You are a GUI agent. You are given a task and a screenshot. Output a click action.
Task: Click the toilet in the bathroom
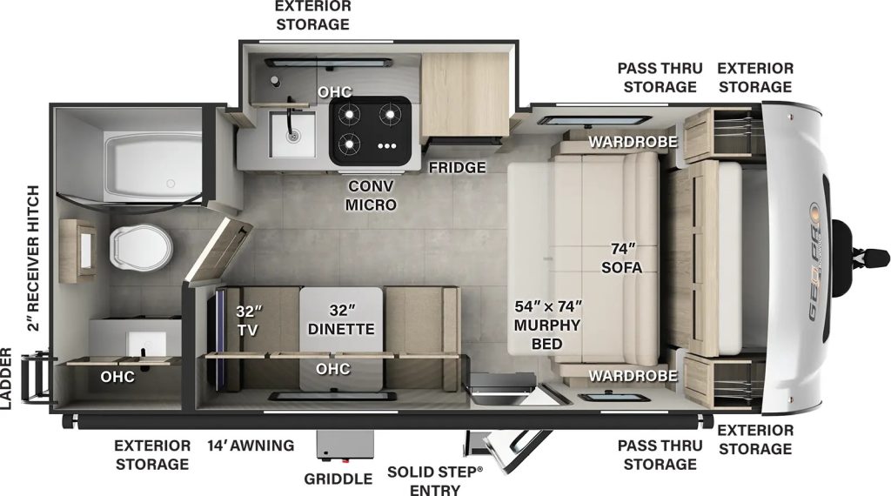141,247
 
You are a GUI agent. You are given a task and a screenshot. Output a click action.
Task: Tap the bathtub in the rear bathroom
152,166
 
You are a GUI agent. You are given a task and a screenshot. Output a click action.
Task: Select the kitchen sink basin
292,134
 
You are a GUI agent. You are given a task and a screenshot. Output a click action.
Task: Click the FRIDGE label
457,167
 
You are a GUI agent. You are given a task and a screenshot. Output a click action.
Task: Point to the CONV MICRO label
371,195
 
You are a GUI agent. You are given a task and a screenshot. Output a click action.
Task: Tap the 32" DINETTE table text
341,320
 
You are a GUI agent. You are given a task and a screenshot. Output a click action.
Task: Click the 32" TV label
248,320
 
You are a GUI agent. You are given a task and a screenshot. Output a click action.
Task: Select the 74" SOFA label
622,258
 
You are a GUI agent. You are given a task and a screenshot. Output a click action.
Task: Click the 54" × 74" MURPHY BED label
547,325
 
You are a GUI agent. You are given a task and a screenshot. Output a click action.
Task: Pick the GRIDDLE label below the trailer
338,479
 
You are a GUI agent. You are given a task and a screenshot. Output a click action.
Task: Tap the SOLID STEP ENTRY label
435,480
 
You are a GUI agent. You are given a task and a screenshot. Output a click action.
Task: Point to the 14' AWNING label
251,446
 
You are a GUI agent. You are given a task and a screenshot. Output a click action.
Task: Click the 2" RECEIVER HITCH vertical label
33,258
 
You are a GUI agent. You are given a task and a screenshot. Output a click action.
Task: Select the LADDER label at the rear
6,379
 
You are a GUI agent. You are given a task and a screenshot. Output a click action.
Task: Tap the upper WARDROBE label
633,142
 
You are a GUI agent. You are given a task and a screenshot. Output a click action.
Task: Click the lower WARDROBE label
633,376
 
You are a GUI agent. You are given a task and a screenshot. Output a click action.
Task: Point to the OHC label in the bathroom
117,377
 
